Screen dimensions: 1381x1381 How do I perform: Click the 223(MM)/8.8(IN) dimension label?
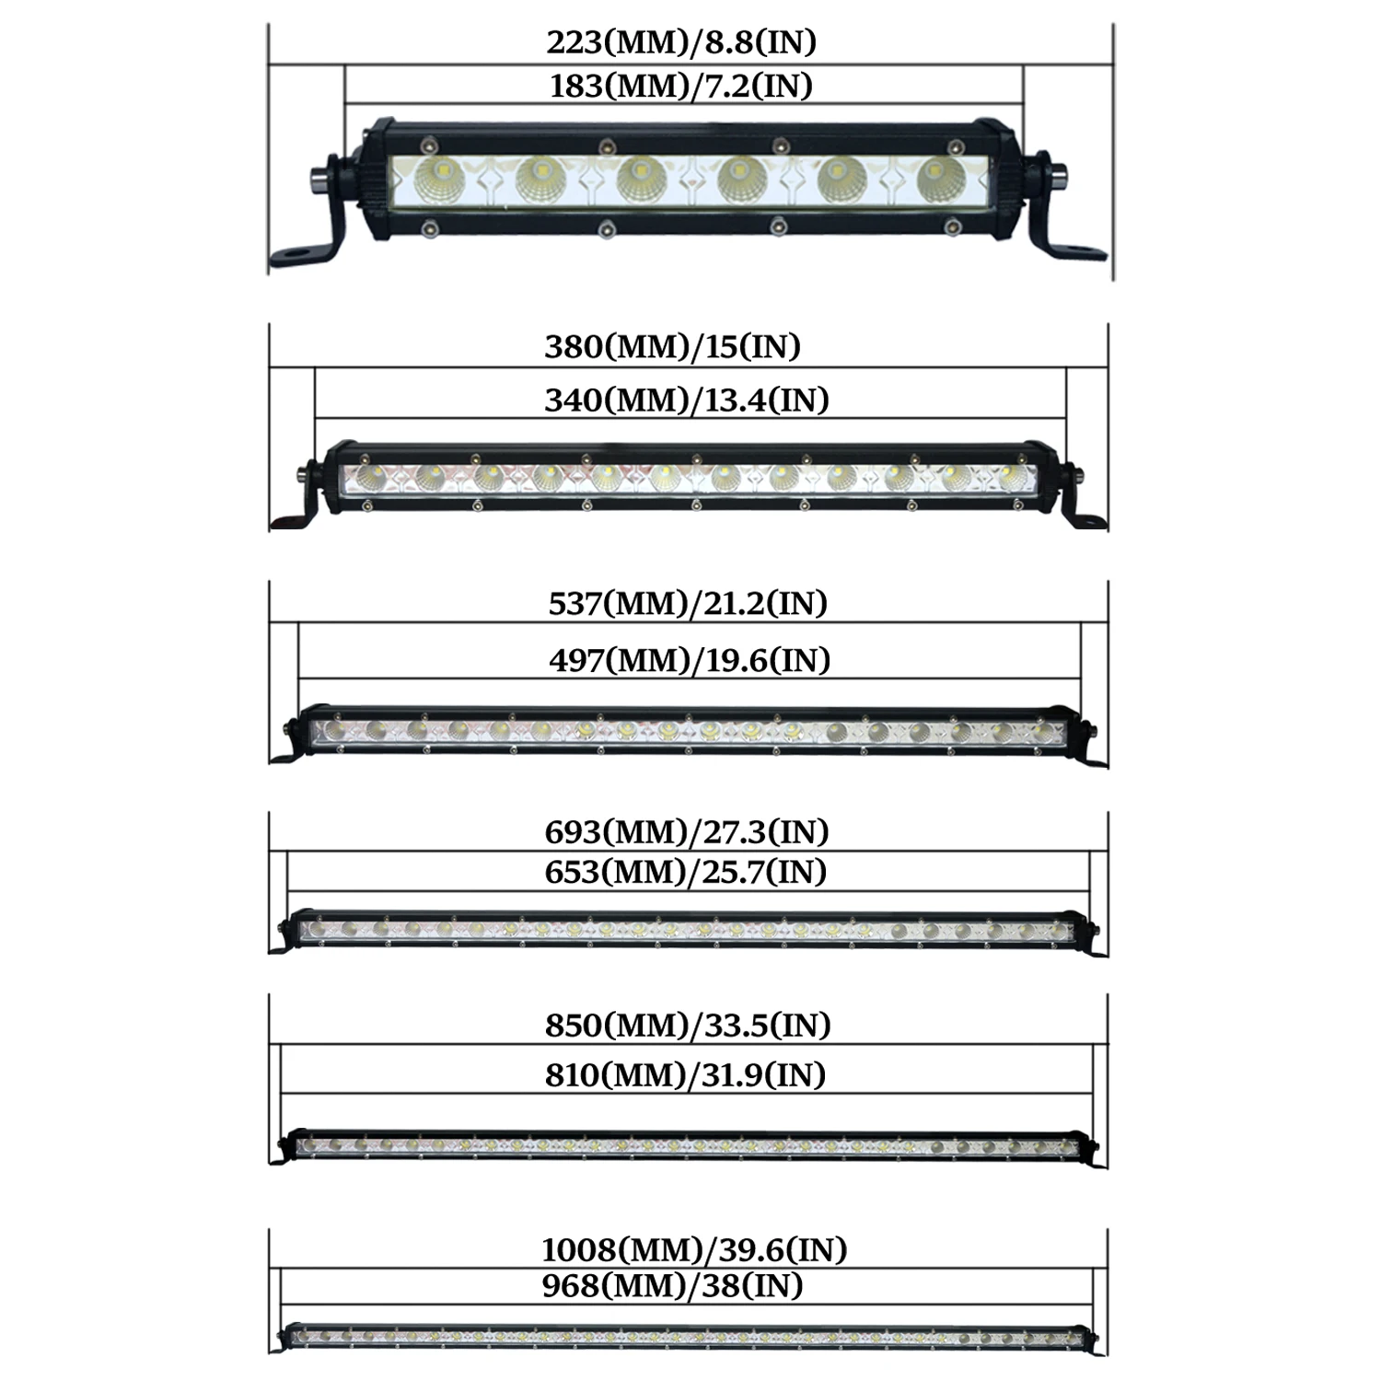681,42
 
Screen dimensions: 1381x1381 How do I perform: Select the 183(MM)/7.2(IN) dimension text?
681,86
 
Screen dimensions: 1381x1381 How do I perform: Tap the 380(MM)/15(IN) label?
673,346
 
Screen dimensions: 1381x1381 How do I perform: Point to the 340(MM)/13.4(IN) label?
687,400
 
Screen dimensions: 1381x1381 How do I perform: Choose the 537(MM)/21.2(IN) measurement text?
688,603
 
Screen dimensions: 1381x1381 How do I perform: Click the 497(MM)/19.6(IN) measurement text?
690,660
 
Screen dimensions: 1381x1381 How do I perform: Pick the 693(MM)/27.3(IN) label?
687,831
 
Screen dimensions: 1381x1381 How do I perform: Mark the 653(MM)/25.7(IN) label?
686,871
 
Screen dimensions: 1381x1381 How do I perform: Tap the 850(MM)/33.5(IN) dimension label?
688,1025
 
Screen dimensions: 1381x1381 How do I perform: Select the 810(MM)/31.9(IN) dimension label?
685,1074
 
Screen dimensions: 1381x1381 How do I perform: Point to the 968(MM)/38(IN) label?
672,1285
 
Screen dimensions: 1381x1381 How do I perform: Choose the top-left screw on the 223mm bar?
427,145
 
